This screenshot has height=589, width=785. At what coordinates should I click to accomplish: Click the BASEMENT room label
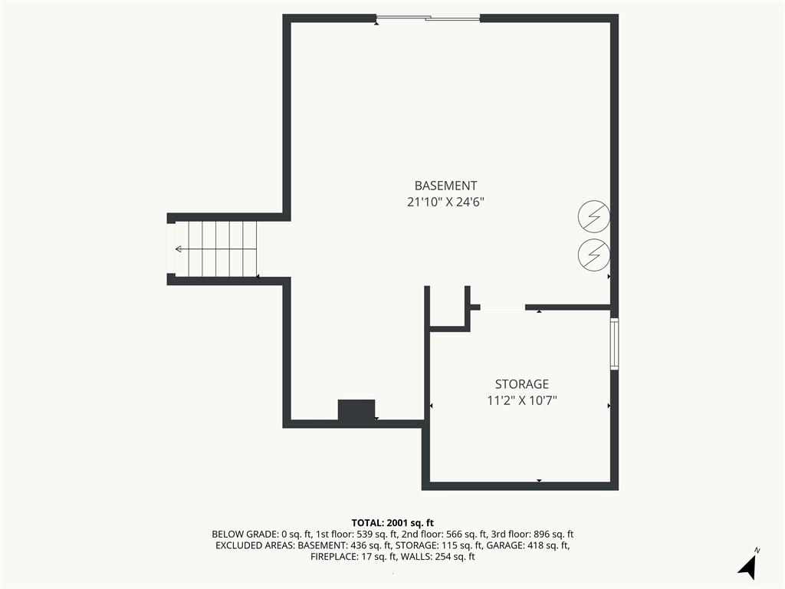pos(445,186)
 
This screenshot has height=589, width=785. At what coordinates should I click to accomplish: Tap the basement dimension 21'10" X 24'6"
pos(445,202)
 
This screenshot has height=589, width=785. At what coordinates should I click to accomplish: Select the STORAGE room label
pos(521,384)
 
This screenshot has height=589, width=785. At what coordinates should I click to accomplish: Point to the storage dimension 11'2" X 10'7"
pos(521,400)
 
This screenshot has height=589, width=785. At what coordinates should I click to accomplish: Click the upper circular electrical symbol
pos(594,217)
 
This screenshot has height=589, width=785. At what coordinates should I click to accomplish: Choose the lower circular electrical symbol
pos(594,255)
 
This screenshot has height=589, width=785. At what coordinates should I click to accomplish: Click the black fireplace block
pos(356,411)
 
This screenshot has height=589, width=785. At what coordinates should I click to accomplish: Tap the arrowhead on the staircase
pos(178,249)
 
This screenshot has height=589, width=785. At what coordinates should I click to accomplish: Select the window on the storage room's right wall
pos(614,344)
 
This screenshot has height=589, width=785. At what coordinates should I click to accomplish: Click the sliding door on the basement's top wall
pos(428,19)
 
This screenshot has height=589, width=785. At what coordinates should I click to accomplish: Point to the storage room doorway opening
pos(503,307)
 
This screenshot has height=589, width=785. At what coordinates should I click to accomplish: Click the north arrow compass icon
pos(747,565)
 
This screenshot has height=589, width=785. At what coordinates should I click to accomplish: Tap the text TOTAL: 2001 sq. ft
pos(392,523)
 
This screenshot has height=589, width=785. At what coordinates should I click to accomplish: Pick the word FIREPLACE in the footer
pos(335,557)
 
